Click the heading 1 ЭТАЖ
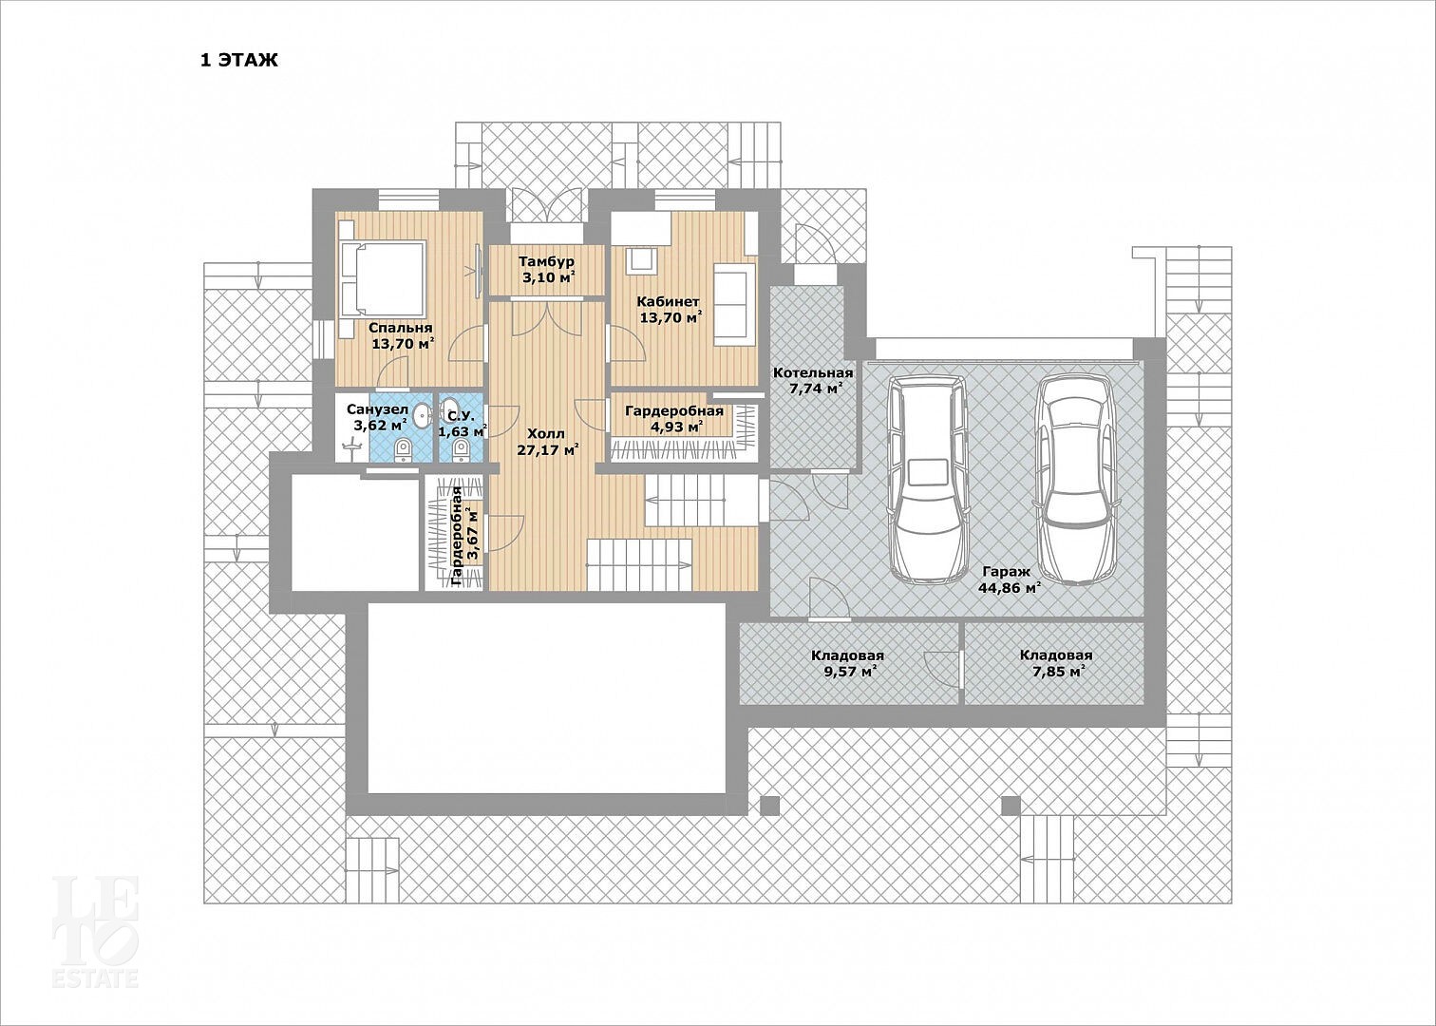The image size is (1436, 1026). click(238, 61)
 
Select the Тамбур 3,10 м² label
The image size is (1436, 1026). click(546, 270)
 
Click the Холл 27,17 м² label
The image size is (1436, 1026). click(547, 442)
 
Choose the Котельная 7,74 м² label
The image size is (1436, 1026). click(812, 380)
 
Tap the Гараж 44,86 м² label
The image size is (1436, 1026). click(1009, 580)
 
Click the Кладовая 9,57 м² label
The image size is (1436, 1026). click(847, 664)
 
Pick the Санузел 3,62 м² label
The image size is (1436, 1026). click(377, 417)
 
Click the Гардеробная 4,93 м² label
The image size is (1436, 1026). click(674, 419)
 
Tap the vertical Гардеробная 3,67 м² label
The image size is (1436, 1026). click(465, 536)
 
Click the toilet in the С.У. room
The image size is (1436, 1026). click(461, 449)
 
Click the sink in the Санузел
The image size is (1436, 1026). click(422, 415)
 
